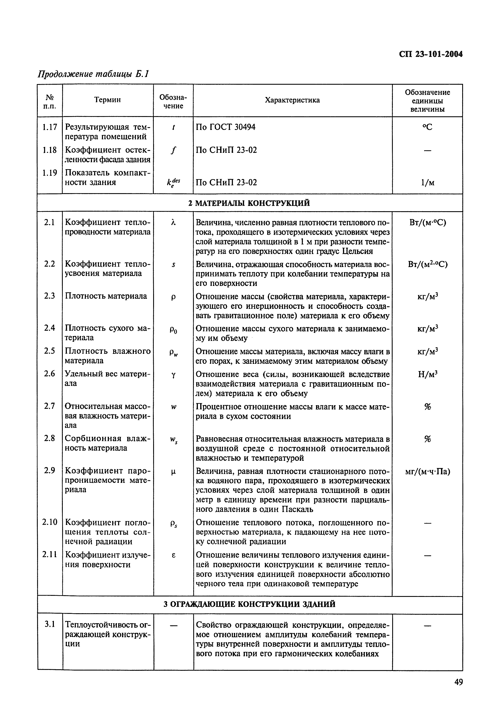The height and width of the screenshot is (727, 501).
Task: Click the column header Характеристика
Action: [292, 100]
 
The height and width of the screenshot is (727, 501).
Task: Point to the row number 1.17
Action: [50, 127]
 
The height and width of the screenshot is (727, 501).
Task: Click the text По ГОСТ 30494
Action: [225, 127]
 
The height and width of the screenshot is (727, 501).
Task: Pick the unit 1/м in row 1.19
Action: [428, 183]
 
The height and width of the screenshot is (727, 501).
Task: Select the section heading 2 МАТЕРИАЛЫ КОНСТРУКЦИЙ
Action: [249, 203]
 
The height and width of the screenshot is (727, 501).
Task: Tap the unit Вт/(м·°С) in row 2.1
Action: [428, 223]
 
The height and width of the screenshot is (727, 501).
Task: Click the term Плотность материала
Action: [106, 296]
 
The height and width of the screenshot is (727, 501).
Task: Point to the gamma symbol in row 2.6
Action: [173, 374]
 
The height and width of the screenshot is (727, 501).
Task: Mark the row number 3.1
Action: [50, 624]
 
